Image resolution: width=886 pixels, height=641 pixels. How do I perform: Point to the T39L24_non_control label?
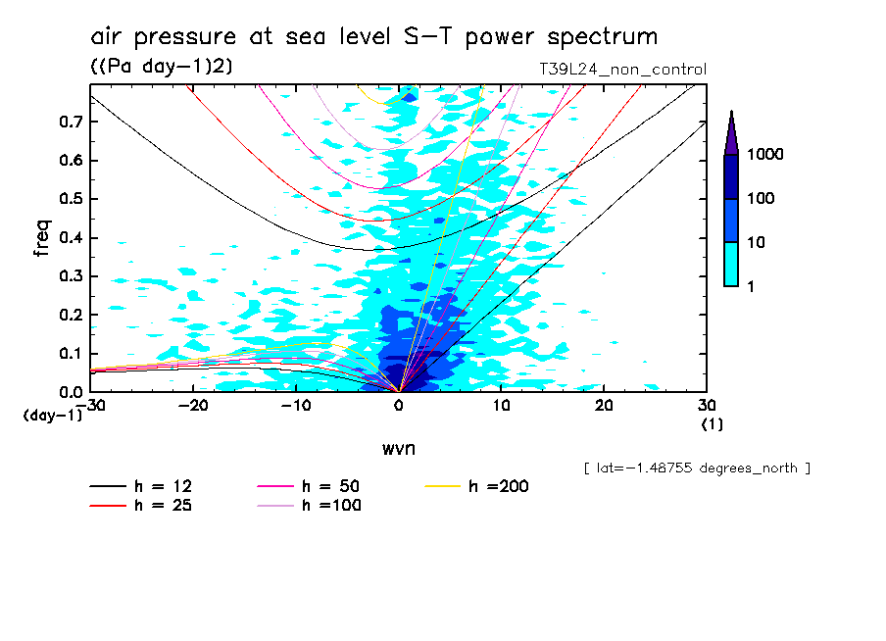(x=622, y=70)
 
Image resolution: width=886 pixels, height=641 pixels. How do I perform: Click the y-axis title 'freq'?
(x=42, y=238)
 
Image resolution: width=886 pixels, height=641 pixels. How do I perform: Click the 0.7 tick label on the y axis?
(x=70, y=122)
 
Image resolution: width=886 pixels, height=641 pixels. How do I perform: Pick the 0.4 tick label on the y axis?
(x=70, y=238)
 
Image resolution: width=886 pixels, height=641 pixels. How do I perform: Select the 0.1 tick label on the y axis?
(x=70, y=354)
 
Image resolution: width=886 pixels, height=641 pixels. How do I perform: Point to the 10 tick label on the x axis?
(x=501, y=406)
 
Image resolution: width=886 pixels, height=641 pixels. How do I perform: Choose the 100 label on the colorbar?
(x=765, y=199)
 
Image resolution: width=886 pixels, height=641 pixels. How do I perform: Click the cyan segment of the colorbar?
(x=731, y=264)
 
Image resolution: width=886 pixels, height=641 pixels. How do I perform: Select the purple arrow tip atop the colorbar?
(x=731, y=132)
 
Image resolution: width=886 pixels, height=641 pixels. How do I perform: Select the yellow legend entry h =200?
(x=477, y=487)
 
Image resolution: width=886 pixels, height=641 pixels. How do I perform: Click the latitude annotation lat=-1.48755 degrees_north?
(x=696, y=468)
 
